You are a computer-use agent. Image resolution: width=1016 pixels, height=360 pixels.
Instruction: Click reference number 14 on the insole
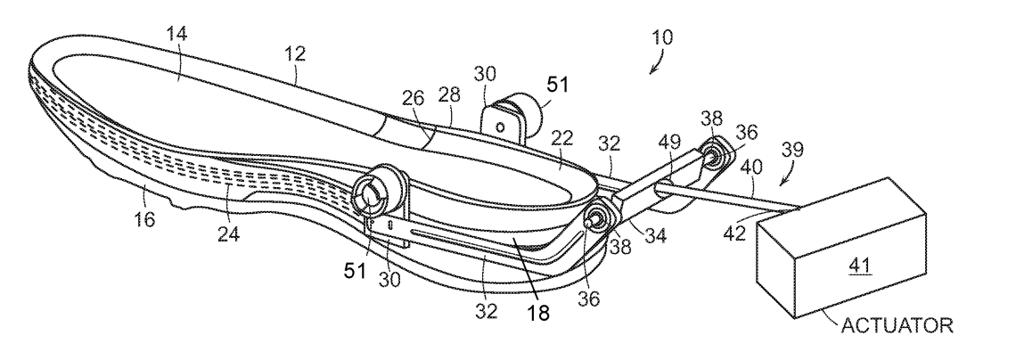(176, 35)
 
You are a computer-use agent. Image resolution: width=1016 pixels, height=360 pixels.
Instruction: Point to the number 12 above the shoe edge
(295, 53)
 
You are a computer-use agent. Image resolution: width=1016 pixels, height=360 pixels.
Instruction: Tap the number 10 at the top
(662, 37)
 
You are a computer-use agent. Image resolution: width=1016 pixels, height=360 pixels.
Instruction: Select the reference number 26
(413, 98)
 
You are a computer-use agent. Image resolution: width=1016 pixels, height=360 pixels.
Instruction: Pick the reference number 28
(449, 95)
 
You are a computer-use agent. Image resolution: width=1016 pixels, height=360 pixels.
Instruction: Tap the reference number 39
(792, 150)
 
